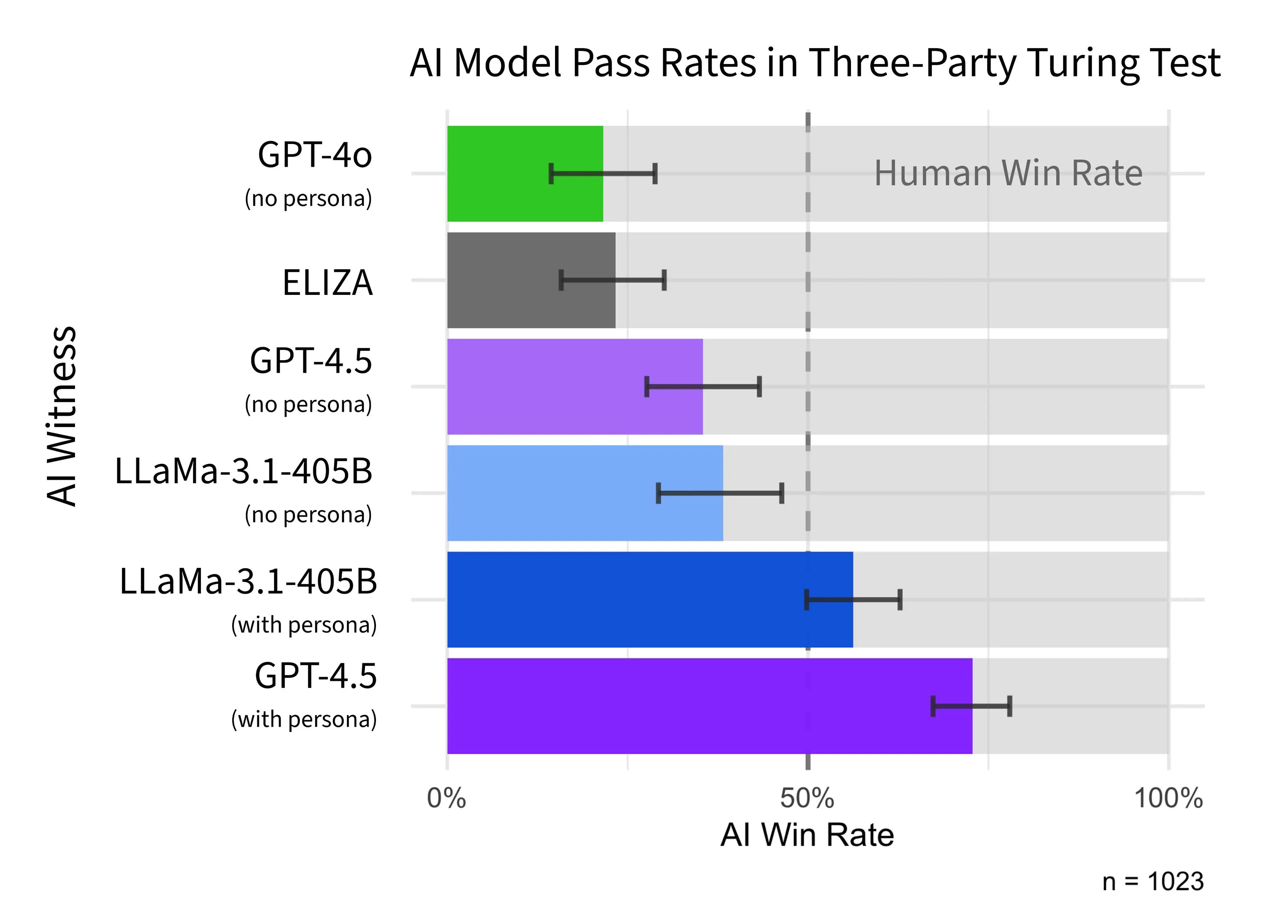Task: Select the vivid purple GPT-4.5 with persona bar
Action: [x=675, y=732]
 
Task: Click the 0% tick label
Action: [x=446, y=798]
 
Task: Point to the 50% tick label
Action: [x=807, y=798]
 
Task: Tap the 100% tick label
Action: [x=1168, y=798]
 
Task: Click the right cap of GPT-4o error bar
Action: [x=655, y=173]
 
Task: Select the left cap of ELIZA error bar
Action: [x=561, y=280]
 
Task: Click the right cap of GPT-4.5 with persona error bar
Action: [x=1010, y=706]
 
